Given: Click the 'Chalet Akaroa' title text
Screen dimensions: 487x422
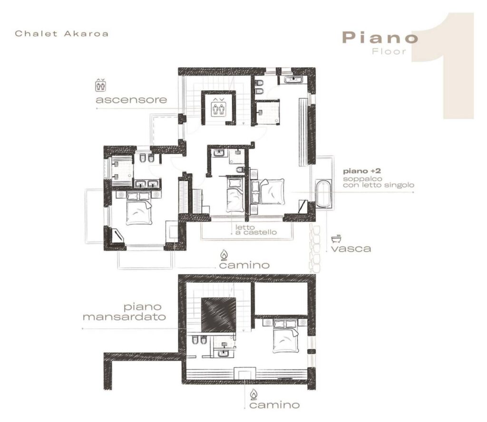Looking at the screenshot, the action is [x=62, y=33].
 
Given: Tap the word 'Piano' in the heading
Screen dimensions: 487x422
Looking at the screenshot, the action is [x=380, y=38].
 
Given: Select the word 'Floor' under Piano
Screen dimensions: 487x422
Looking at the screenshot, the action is [x=389, y=51].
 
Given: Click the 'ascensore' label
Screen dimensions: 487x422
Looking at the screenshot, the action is [x=131, y=100].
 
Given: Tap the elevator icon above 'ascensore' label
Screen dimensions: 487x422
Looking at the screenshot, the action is [x=100, y=85].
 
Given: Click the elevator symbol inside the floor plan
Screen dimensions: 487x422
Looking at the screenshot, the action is [x=218, y=107].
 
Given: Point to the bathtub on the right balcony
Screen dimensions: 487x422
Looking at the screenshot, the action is [x=323, y=193].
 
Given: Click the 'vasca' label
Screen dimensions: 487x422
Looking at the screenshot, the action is [x=351, y=249].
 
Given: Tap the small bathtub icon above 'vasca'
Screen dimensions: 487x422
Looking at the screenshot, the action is [x=336, y=238].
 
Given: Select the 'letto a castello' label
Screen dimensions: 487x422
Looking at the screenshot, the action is [x=256, y=230].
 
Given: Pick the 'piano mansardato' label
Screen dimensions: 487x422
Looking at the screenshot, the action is [x=124, y=312].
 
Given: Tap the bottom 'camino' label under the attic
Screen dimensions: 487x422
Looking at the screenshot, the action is [x=274, y=404].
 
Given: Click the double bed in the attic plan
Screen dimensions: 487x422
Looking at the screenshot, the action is [x=285, y=336].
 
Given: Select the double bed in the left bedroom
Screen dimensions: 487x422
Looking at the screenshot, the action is [x=139, y=208].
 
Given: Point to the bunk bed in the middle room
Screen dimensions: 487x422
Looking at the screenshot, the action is [x=234, y=194].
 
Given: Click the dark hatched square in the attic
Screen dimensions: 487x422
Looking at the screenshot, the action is [x=218, y=315].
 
